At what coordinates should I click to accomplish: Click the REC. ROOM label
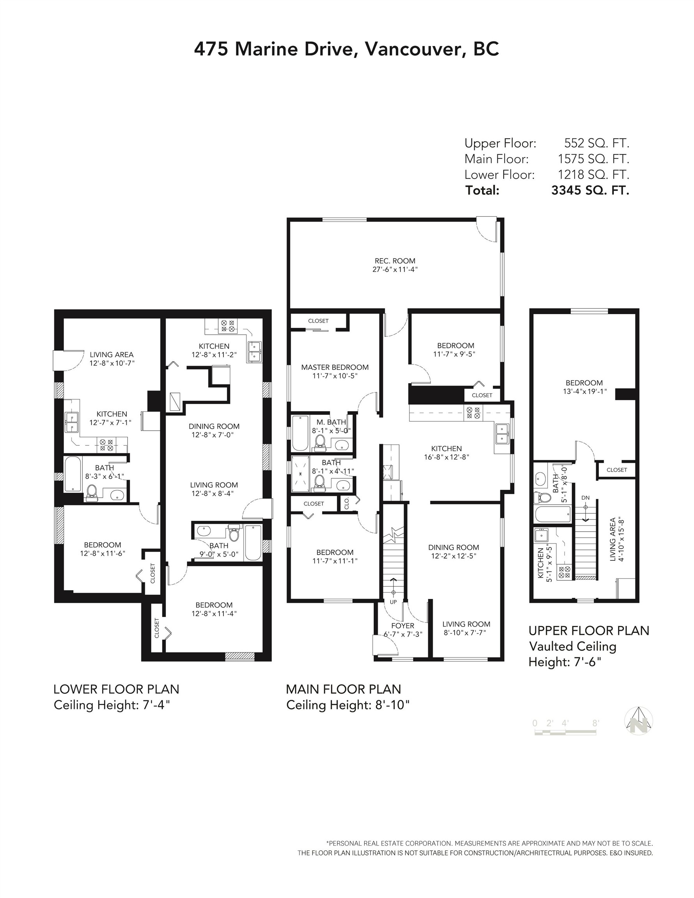(x=395, y=261)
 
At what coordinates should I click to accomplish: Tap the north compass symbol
(x=639, y=721)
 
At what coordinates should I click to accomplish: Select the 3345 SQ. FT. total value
(x=590, y=190)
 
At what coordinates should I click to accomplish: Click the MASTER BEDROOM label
(x=335, y=367)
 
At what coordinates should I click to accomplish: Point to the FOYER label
(x=402, y=626)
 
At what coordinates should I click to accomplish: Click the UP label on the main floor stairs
(x=393, y=601)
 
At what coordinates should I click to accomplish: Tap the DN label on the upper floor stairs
(x=585, y=497)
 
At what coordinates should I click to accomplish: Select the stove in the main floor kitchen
(x=473, y=412)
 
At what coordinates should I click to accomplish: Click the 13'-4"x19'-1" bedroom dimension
(x=584, y=391)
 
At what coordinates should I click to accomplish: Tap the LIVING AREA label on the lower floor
(x=112, y=354)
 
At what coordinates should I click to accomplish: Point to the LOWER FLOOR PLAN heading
(x=116, y=689)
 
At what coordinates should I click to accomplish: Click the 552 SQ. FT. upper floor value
(x=597, y=143)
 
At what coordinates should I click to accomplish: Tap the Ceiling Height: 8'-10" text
(x=348, y=705)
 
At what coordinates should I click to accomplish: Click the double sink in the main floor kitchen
(x=502, y=434)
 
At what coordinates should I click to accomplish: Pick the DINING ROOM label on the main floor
(x=453, y=547)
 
